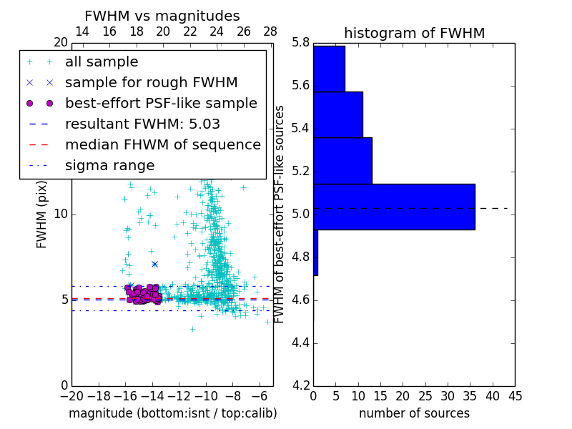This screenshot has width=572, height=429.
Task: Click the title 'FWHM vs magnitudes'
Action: click(x=162, y=16)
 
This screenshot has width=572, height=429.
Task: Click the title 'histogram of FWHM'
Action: click(x=414, y=33)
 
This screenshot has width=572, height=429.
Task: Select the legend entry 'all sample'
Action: click(x=102, y=62)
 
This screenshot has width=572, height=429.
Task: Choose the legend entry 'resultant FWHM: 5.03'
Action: click(x=142, y=124)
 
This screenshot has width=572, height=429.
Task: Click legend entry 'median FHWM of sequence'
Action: click(x=162, y=145)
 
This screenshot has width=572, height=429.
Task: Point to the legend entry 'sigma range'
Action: click(x=109, y=166)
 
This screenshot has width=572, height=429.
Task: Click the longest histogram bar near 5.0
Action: click(x=394, y=207)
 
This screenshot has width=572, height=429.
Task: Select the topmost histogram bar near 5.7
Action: click(x=329, y=69)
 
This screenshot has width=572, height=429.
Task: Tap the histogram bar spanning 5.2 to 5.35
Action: click(x=342, y=160)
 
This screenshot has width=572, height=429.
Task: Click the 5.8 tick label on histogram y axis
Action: click(x=300, y=43)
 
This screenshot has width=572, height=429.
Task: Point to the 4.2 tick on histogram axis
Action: click(x=300, y=385)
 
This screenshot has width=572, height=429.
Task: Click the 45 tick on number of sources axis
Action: click(x=514, y=395)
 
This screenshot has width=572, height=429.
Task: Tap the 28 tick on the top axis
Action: click(x=270, y=32)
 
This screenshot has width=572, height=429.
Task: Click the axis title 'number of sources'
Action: click(x=414, y=413)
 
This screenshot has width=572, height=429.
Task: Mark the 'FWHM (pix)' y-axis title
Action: click(x=42, y=214)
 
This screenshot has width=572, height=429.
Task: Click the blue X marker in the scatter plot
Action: click(x=154, y=264)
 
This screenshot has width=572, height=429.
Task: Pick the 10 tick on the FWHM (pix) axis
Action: click(x=61, y=214)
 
